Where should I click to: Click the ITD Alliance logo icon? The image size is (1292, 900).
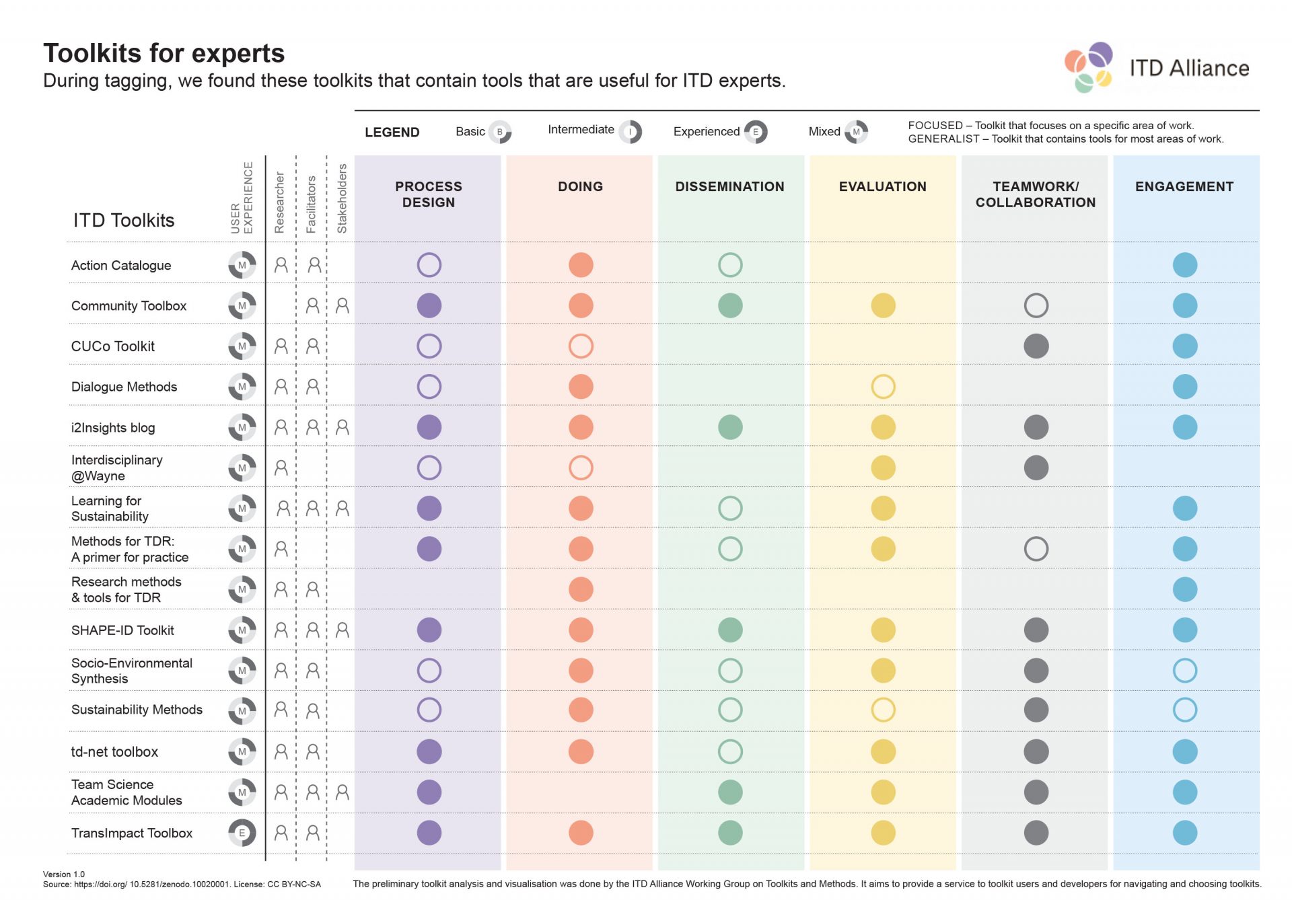(1088, 67)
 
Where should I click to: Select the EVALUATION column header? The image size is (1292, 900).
(882, 186)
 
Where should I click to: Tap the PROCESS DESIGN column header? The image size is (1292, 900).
(428, 194)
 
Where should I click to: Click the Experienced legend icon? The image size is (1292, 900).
(756, 132)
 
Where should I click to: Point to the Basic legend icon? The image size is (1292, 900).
(500, 132)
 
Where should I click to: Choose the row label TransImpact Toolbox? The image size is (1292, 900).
(132, 833)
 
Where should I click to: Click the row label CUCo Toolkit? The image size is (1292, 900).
(113, 346)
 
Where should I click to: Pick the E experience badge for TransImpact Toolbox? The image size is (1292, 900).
(242, 833)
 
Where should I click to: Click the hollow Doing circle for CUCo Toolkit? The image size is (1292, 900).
(581, 346)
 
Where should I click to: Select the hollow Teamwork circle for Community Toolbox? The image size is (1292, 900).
(1036, 305)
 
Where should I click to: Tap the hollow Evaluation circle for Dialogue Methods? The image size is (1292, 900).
(883, 387)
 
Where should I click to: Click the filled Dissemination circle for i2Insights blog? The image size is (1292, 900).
(730, 427)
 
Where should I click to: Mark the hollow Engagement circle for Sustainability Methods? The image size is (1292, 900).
(1184, 710)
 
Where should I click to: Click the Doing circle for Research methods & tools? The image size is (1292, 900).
(581, 589)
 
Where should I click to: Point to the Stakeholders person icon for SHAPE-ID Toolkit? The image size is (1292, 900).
(343, 630)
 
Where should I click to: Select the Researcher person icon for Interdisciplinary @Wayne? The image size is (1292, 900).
(281, 467)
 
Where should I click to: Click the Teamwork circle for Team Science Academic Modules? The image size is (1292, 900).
(1036, 792)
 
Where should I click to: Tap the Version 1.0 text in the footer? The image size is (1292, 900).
(64, 874)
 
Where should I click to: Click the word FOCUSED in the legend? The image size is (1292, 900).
(935, 125)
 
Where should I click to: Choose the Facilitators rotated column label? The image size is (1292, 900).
(311, 204)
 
